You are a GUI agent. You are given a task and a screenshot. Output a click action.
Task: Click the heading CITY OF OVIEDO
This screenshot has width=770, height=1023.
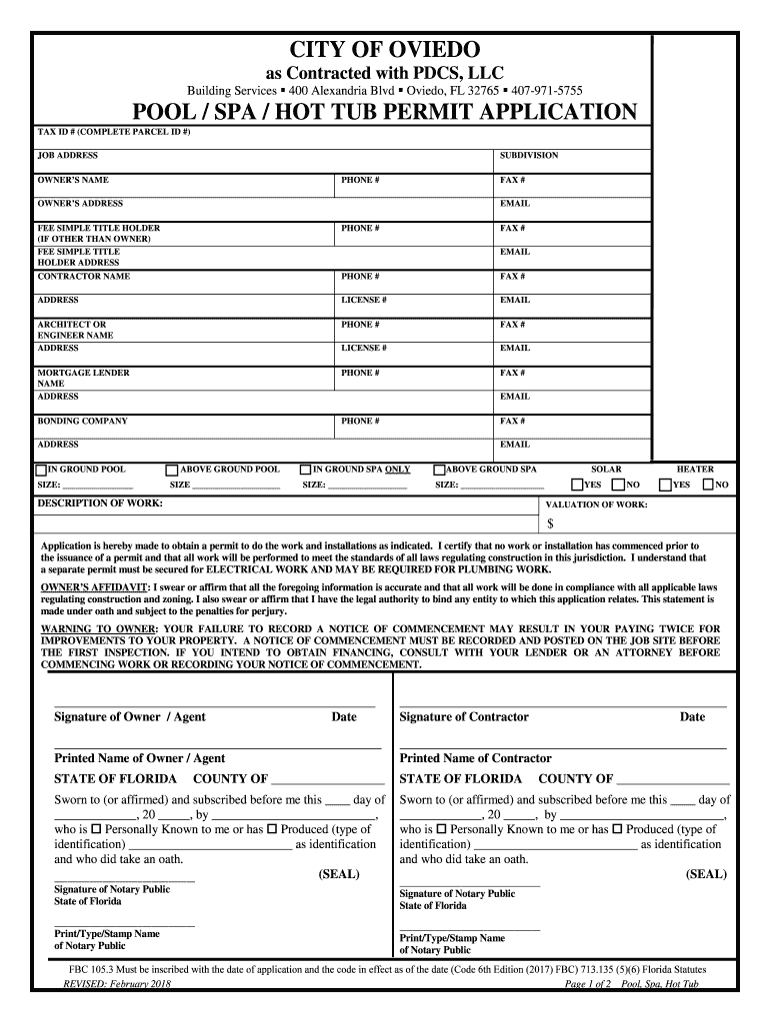pyautogui.click(x=385, y=49)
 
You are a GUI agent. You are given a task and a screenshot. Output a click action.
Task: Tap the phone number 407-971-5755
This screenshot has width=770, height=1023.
pyautogui.click(x=547, y=90)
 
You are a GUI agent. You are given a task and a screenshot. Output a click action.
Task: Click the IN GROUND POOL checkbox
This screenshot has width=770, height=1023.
pyautogui.click(x=41, y=470)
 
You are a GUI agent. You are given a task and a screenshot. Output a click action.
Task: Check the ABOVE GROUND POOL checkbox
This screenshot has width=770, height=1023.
pyautogui.click(x=171, y=470)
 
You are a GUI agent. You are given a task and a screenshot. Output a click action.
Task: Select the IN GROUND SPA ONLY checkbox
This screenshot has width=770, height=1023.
pyautogui.click(x=305, y=470)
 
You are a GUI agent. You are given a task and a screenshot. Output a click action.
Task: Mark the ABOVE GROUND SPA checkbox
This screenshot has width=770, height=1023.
pyautogui.click(x=438, y=470)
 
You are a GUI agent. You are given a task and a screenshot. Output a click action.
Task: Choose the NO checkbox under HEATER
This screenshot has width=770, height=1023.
pyautogui.click(x=708, y=486)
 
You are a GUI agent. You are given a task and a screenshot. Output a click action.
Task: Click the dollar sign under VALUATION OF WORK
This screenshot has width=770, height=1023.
pyautogui.click(x=550, y=523)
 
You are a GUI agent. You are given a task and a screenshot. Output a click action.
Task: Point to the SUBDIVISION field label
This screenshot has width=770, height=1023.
pyautogui.click(x=529, y=156)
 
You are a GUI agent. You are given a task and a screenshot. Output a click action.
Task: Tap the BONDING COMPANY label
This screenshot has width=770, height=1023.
pyautogui.click(x=82, y=422)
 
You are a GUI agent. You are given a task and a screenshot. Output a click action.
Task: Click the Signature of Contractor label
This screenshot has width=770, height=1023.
pyautogui.click(x=464, y=717)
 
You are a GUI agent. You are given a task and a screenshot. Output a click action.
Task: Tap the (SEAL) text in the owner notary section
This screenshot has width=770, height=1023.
pyautogui.click(x=339, y=874)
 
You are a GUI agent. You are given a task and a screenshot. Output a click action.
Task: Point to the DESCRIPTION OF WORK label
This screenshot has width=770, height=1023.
pyautogui.click(x=100, y=504)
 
